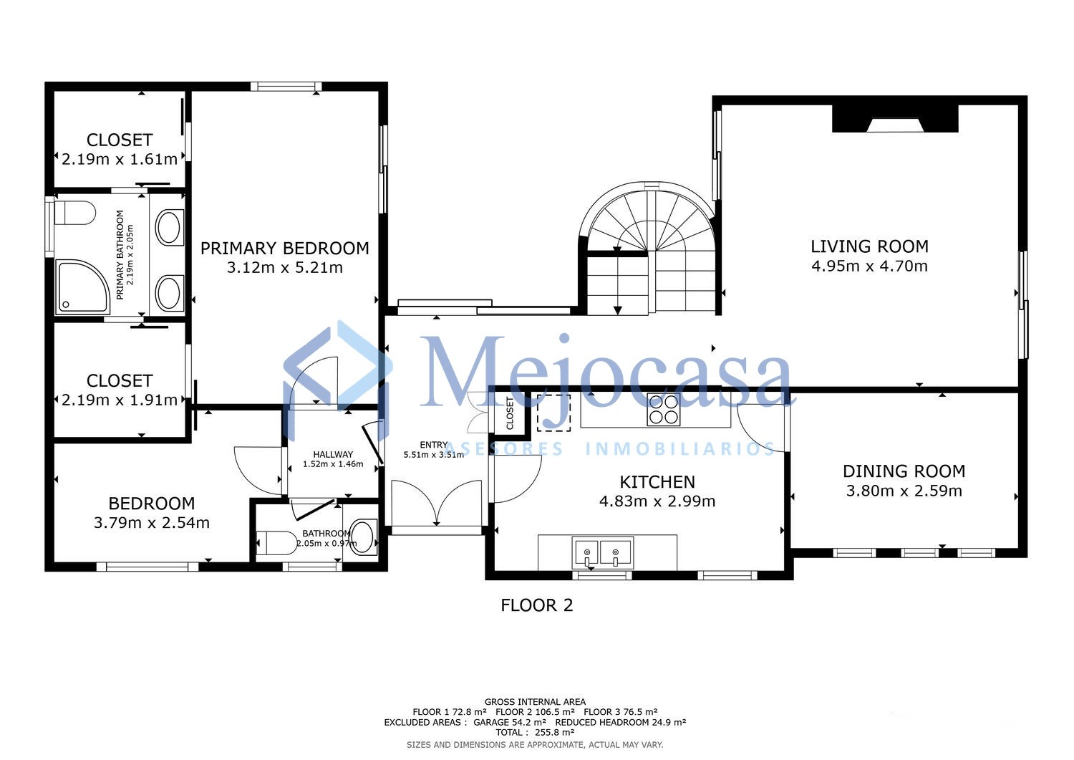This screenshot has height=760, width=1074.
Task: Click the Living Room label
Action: [869, 246]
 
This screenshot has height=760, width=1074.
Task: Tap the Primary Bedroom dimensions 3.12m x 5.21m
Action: [285, 268]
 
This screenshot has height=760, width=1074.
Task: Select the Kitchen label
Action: [657, 482]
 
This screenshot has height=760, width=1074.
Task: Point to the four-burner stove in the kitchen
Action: [664, 410]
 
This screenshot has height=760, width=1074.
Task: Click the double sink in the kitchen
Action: [603, 553]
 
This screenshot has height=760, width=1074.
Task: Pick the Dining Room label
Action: [904, 471]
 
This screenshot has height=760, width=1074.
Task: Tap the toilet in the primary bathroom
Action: [75, 213]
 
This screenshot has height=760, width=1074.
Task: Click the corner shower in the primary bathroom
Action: [82, 287]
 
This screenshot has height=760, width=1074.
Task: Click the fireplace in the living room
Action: [895, 118]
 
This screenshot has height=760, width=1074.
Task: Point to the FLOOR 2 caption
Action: [536, 605]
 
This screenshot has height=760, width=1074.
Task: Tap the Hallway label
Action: [333, 454]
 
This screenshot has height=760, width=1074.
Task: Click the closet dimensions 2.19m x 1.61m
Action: [120, 159]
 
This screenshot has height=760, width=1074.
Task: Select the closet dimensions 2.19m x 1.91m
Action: [120, 400]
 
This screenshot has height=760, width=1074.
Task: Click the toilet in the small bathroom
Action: [276, 543]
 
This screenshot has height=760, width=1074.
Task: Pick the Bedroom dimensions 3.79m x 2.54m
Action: [152, 522]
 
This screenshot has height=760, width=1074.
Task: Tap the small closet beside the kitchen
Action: [510, 413]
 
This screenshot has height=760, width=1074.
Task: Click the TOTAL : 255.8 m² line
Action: [535, 732]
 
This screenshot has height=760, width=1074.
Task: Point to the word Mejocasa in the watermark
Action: [605, 370]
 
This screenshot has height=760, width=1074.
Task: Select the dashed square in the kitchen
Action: [553, 413]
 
